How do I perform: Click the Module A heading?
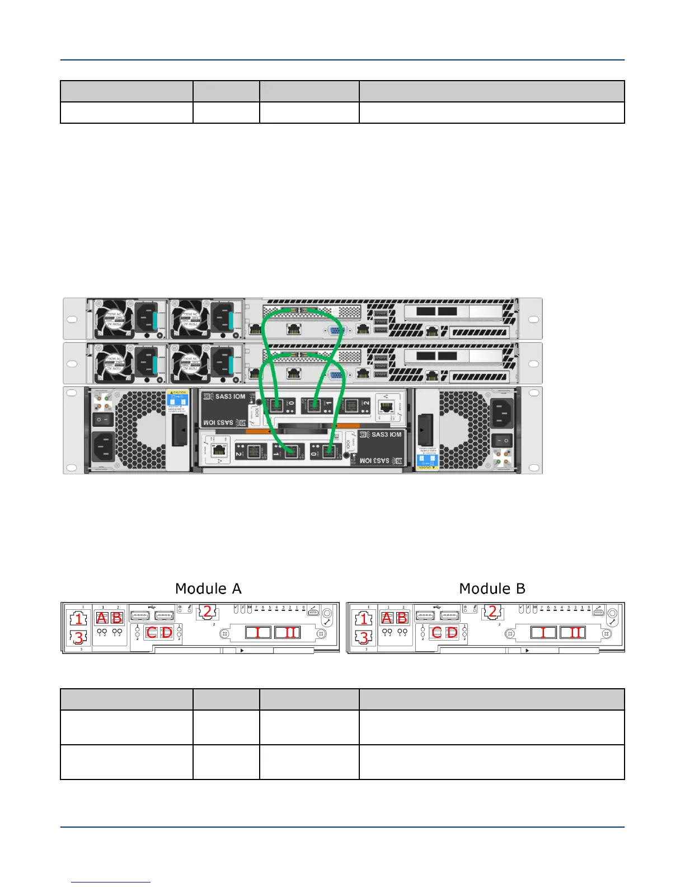click(x=208, y=589)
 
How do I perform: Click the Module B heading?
click(x=492, y=589)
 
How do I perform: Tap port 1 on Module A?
click(x=79, y=619)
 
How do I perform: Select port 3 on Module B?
click(x=364, y=637)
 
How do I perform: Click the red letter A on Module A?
click(x=102, y=618)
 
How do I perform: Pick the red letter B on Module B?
click(x=402, y=618)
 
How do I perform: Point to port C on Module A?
click(x=152, y=633)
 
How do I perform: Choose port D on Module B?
click(x=452, y=633)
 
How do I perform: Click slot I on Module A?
click(x=258, y=633)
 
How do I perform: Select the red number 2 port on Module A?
click(x=207, y=611)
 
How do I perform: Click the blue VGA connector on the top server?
click(x=335, y=331)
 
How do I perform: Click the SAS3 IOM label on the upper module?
click(x=231, y=396)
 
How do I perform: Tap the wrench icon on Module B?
click(x=613, y=621)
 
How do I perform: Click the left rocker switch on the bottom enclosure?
click(x=102, y=419)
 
